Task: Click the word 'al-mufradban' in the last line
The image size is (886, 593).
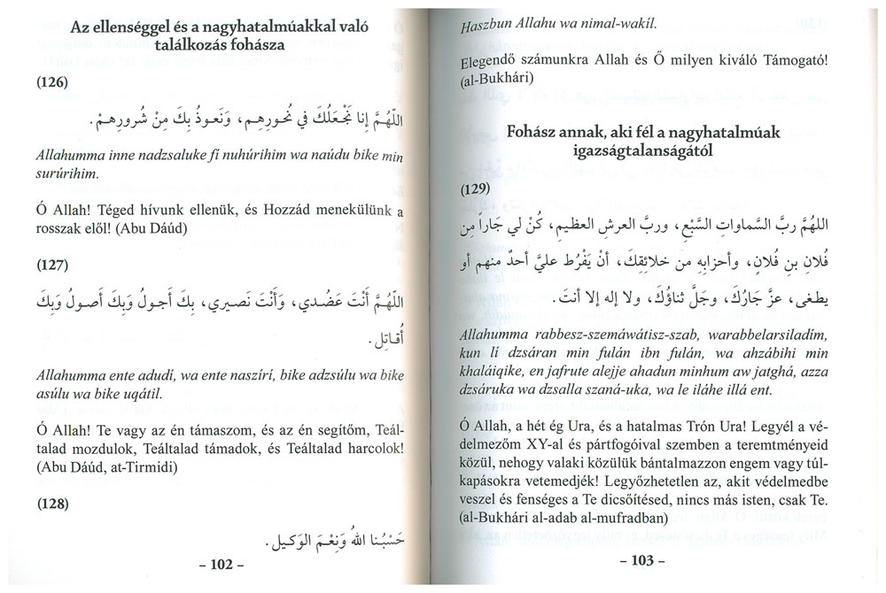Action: click(628, 522)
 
